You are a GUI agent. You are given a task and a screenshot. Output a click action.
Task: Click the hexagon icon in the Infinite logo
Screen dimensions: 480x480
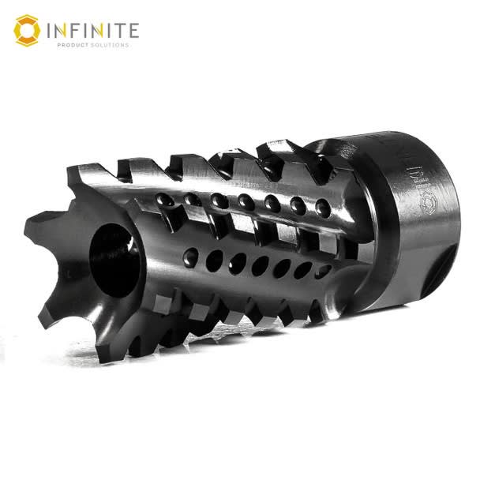pyautogui.click(x=26, y=30)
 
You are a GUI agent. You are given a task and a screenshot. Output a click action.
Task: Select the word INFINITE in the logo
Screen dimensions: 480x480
pyautogui.click(x=93, y=31)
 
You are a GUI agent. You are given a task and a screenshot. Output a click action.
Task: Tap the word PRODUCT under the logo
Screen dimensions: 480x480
pyautogui.click(x=75, y=45)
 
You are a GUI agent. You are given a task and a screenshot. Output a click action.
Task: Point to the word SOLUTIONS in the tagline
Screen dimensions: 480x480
pyautogui.click(x=110, y=45)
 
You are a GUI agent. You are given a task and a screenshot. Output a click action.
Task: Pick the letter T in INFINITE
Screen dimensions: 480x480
pyautogui.click(x=118, y=31)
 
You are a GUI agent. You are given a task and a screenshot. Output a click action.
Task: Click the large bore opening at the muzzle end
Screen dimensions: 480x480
pyautogui.click(x=107, y=260)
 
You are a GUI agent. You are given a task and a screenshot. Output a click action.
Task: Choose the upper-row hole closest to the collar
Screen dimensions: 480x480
pyautogui.click(x=322, y=206)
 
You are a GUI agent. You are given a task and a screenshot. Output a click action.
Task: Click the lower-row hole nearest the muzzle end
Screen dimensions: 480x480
pyautogui.click(x=191, y=255)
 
